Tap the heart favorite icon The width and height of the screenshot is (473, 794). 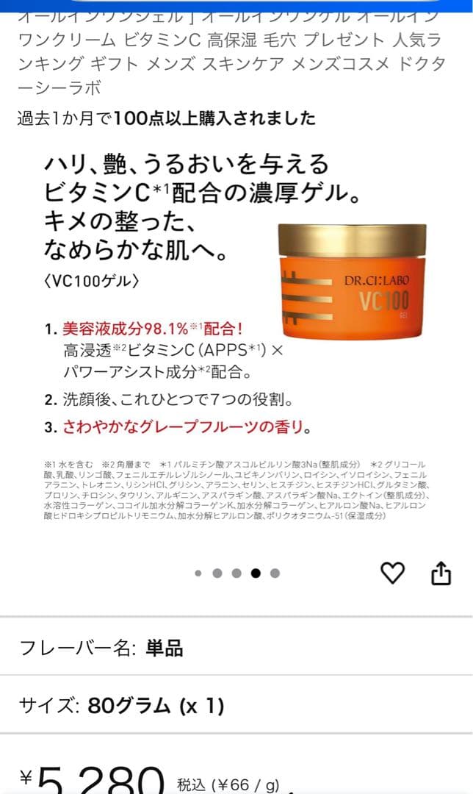click(393, 572)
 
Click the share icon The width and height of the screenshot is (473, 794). click(441, 573)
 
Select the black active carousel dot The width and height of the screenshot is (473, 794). click(256, 573)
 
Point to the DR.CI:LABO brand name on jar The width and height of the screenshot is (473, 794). click(377, 280)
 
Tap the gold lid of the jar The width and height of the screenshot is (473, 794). click(353, 240)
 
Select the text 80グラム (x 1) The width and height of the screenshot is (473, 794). click(156, 706)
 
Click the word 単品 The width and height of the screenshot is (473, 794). click(165, 648)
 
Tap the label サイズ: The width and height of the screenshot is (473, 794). click(49, 706)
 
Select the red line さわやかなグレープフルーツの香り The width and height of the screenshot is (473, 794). click(187, 427)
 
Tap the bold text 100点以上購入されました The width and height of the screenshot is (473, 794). click(215, 118)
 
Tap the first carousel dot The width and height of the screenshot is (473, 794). click(198, 573)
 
